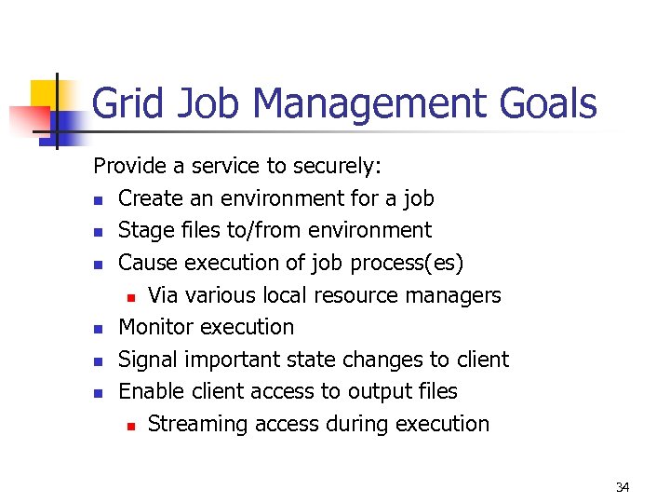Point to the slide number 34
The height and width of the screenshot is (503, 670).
pyautogui.click(x=623, y=487)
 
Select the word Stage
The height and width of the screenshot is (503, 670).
pyautogui.click(x=143, y=230)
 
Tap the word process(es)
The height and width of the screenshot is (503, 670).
pyautogui.click(x=407, y=263)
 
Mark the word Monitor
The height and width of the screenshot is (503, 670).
pyautogui.click(x=154, y=327)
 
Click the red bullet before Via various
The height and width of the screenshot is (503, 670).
pyautogui.click(x=131, y=297)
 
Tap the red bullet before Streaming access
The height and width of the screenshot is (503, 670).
pyautogui.click(x=131, y=426)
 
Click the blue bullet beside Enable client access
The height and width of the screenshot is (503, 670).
pyautogui.click(x=99, y=393)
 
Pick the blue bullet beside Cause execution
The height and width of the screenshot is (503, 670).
pyautogui.click(x=99, y=265)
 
